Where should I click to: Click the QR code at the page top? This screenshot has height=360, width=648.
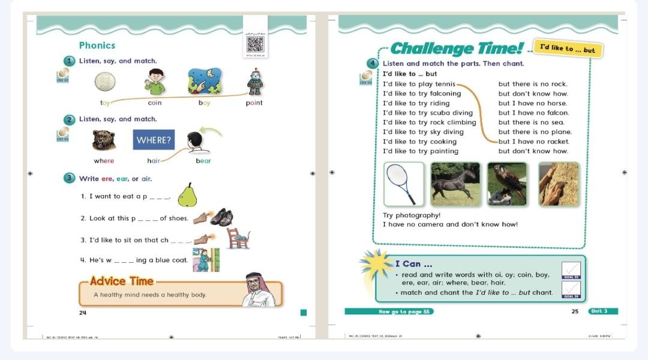point(254,44)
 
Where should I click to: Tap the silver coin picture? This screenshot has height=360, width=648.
point(105,81)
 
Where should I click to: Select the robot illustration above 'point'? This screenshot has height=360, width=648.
point(254,82)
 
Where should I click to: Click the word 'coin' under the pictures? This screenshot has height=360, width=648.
point(155,103)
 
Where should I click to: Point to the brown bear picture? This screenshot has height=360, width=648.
point(104,140)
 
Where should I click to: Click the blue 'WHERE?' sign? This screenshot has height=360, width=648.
point(154,140)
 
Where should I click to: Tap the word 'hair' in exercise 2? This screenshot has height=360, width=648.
point(154,161)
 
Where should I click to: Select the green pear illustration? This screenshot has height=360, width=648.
point(187,194)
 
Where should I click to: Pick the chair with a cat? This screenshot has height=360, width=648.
point(238,238)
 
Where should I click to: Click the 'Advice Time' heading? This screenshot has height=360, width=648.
point(122,281)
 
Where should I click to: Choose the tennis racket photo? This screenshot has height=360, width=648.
point(403,184)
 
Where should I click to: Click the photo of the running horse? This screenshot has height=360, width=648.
point(455,184)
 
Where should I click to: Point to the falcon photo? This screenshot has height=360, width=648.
point(507,184)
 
